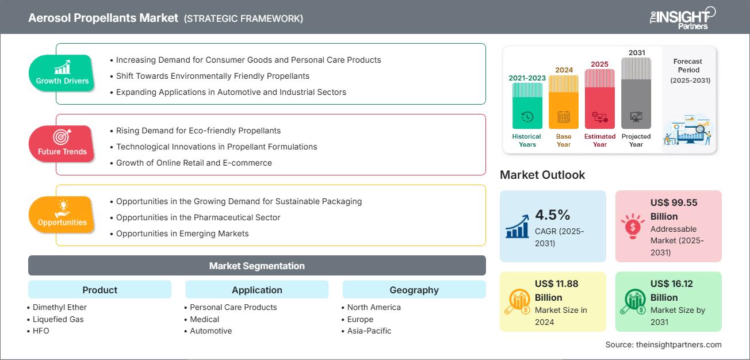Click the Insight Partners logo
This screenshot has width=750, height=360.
click(682, 18)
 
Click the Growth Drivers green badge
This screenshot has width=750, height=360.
click(62, 74)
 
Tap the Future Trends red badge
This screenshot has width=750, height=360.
click(62, 144)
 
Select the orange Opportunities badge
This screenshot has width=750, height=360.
click(62, 215)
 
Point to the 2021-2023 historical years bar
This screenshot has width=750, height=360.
click(527, 106)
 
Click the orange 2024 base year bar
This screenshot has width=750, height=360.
click(564, 102)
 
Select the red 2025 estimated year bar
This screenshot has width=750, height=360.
click(600, 98)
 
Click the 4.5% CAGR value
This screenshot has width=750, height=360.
click(553, 215)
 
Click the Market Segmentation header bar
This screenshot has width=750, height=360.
click(257, 266)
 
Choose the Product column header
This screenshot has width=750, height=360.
click(100, 290)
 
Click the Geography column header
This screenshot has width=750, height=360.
click(414, 290)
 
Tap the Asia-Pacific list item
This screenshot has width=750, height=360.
click(369, 331)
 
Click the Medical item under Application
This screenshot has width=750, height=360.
click(204, 319)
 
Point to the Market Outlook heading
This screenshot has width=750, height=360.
click(542, 175)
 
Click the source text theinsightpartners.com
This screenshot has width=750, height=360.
click(663, 344)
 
